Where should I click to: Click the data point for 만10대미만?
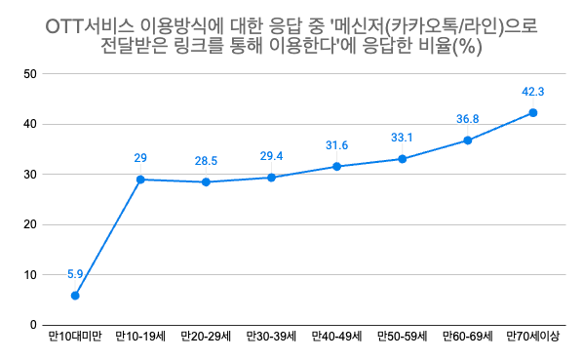click(x=75, y=296)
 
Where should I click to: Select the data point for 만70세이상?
click(x=533, y=113)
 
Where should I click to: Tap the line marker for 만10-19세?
click(x=140, y=180)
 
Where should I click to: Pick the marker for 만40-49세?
click(x=337, y=167)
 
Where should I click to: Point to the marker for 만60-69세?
click(x=468, y=140)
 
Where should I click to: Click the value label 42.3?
click(x=533, y=92)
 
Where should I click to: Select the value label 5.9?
click(x=75, y=274)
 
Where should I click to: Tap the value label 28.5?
click(x=206, y=160)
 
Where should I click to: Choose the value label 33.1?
click(x=403, y=138)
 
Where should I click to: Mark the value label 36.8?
click(x=468, y=119)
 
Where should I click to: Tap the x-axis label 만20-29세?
click(x=206, y=339)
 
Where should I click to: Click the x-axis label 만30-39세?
click(x=271, y=339)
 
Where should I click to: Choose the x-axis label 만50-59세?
click(x=403, y=339)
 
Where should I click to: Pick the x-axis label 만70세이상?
click(x=533, y=339)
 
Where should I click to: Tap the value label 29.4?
click(x=271, y=156)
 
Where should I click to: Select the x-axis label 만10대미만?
click(x=75, y=339)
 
